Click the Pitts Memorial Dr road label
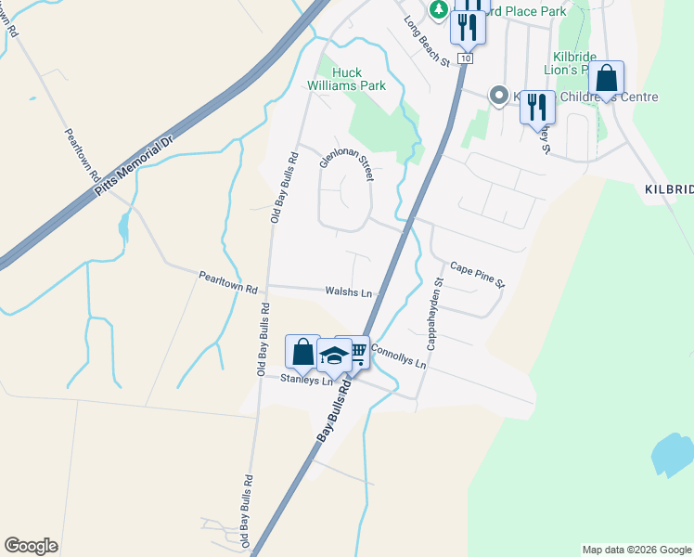pos(134,168)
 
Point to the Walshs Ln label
pos(348,292)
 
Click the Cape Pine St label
pos(477,274)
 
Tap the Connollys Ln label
pos(398,356)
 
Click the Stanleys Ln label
pos(307,380)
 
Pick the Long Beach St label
pos(426,42)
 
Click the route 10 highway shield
pos(465,58)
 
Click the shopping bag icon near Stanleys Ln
pos(303,352)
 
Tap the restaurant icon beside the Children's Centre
pos(536,107)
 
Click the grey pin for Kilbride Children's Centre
pos(499,97)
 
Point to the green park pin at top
pos(439,10)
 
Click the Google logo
pos(31,546)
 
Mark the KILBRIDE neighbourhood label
pos(668,188)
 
